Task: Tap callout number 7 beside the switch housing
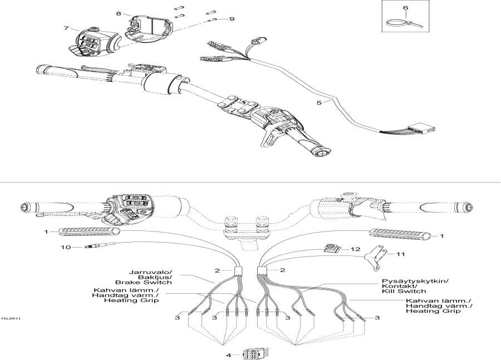[66, 28]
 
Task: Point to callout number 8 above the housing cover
[118, 13]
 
